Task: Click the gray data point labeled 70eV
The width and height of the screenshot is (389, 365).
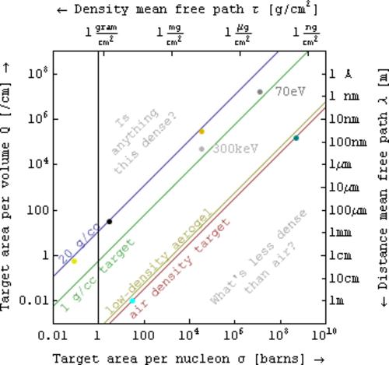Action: pos(260,92)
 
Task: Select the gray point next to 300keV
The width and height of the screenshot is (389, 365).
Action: pos(202,149)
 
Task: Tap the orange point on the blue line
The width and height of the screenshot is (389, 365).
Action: pos(202,132)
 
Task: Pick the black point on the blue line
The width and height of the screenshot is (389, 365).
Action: pos(110,222)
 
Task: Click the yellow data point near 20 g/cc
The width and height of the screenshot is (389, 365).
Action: pos(74,261)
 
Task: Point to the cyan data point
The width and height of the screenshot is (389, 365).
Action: pos(132,300)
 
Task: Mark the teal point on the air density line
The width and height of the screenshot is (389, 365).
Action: pos(296,138)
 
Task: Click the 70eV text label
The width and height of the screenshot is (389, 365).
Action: pos(290,92)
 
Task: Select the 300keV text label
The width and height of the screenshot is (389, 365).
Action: pos(236,149)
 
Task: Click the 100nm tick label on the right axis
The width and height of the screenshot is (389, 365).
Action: pos(348,142)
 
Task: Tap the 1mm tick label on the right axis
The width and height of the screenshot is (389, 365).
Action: pos(341,233)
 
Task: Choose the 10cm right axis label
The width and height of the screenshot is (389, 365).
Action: pos(345,279)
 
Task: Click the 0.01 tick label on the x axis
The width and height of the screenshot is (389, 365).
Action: pos(53,335)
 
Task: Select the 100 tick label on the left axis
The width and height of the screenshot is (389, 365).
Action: pos(38,210)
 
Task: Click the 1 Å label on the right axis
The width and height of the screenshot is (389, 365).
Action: pos(341,74)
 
